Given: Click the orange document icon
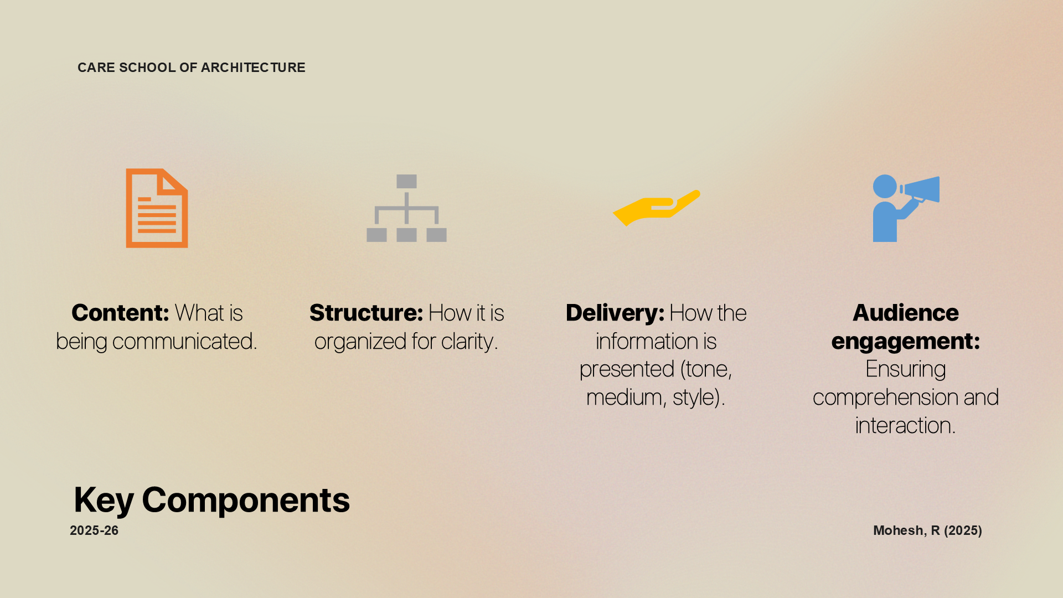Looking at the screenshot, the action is pos(157,208).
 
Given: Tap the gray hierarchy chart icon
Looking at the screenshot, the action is pos(406,208).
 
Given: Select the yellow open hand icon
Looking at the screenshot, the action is pos(657,208).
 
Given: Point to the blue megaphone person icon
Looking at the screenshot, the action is pos(906,208).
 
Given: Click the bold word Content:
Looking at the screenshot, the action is pos(120,313).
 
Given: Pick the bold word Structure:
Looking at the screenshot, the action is pos(367,313).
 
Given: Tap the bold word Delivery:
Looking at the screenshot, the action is pos(615,313).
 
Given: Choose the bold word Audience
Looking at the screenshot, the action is pos(906,313).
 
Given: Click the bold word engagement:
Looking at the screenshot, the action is pos(906,342).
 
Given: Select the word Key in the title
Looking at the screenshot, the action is pos(104,500).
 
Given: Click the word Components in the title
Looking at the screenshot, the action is pos(246,500).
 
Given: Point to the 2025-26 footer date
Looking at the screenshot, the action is pos(94,530).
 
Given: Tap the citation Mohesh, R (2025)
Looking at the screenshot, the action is pos(927,530).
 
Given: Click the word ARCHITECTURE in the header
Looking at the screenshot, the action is pos(253,68).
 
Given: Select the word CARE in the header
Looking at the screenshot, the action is pos(96,68).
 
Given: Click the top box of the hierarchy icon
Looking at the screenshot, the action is pos(406,182).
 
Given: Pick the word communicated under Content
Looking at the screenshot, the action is pos(184,342).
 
